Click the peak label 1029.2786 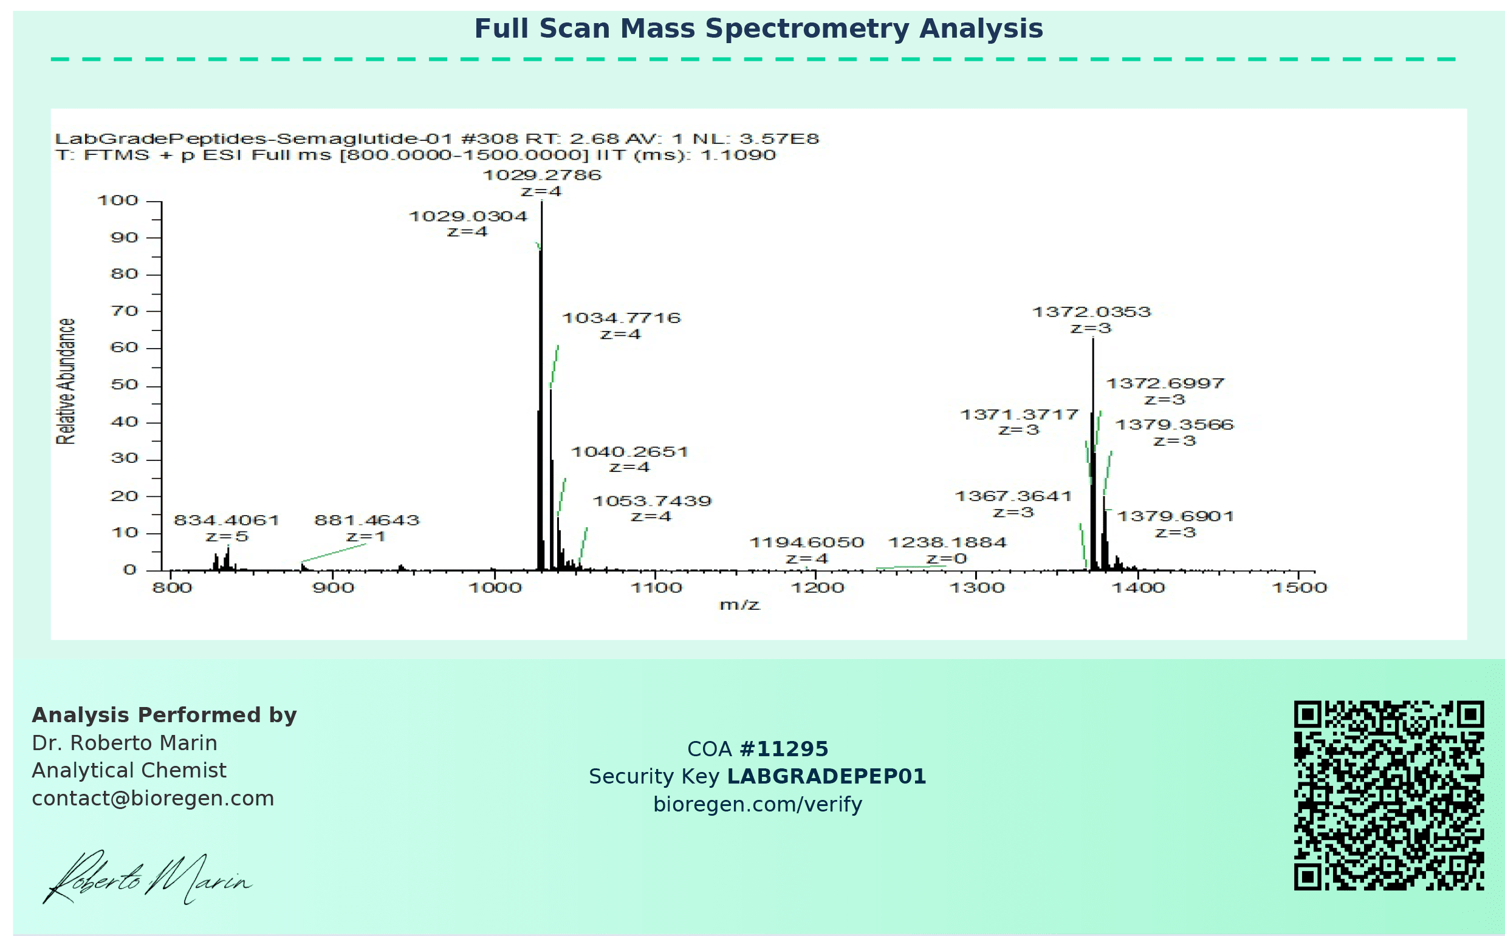(x=542, y=175)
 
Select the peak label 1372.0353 (x=1091, y=312)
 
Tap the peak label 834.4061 (x=227, y=520)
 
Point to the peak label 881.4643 (x=367, y=520)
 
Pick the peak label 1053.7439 (x=653, y=501)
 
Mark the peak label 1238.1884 (x=948, y=543)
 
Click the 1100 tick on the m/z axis (x=656, y=587)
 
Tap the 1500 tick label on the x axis (x=1300, y=587)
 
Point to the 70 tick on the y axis (x=124, y=311)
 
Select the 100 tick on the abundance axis (x=118, y=200)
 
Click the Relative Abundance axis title (x=66, y=381)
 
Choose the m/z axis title (x=739, y=605)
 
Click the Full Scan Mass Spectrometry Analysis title (x=758, y=29)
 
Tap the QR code (x=1388, y=796)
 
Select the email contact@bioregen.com (x=153, y=799)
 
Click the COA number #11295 (x=784, y=749)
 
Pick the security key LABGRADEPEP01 (x=826, y=776)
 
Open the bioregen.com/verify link (x=758, y=804)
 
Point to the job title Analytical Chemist (x=129, y=771)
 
